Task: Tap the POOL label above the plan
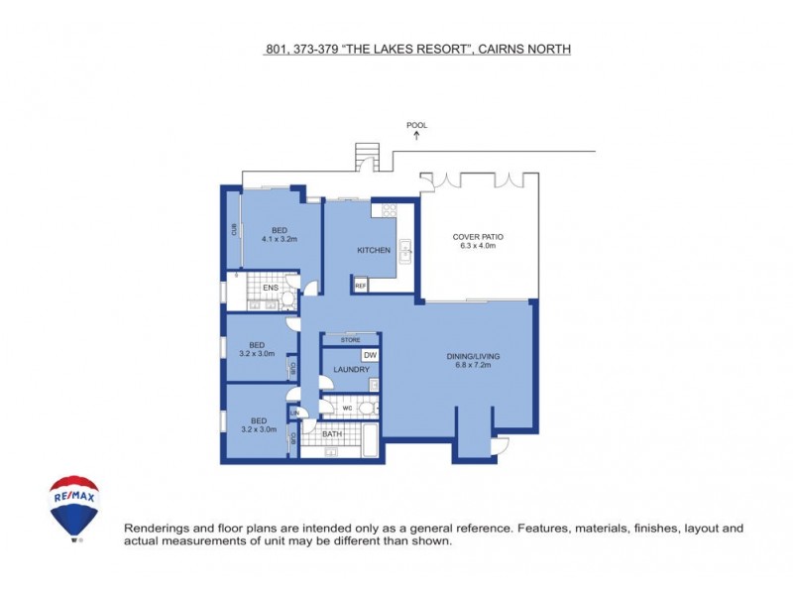coord(416,125)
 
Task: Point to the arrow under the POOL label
coord(416,135)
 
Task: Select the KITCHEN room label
coord(374,250)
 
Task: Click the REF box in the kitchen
coord(360,286)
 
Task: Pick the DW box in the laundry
coord(370,355)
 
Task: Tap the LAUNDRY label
coord(351,370)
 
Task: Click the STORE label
coord(350,340)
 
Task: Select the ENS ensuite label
coord(270,289)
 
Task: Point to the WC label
coord(348,408)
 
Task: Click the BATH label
coord(332,433)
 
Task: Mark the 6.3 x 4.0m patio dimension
coord(479,246)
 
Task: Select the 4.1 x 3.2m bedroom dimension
coord(281,239)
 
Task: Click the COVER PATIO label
coord(479,237)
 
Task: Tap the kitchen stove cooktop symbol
coord(390,209)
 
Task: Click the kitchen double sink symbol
coord(405,250)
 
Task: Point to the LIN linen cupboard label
coord(294,413)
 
